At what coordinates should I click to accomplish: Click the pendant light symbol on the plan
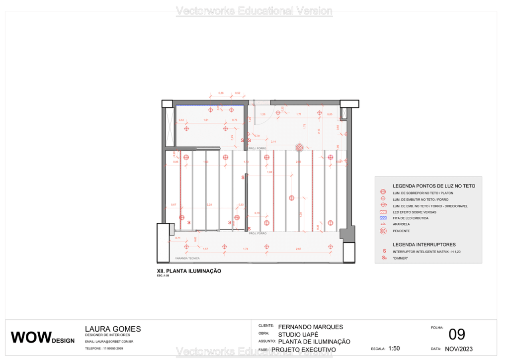[x=299, y=148]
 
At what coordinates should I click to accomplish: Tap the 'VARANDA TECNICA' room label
[x=187, y=259]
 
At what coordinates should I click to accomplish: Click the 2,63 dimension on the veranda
[x=298, y=249]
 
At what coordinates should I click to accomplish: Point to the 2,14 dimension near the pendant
[x=273, y=142]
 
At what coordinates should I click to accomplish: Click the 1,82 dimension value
[x=270, y=172]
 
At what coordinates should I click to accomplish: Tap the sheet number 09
[x=457, y=335]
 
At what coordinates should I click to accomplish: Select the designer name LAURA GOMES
[x=113, y=329]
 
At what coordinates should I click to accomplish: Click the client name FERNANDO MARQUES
[x=311, y=327]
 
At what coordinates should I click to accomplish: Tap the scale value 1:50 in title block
[x=394, y=349]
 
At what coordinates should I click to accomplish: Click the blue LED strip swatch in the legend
[x=383, y=218]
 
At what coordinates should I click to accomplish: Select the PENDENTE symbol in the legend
[x=383, y=231]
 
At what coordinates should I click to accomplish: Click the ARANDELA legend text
[x=401, y=224]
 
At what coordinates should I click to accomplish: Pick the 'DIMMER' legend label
[x=400, y=258]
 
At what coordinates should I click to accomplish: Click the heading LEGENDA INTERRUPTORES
[x=424, y=245]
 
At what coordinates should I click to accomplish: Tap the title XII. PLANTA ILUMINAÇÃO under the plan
[x=189, y=271]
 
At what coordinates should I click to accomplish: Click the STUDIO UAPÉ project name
[x=298, y=335]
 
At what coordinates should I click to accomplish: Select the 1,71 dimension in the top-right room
[x=299, y=115]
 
